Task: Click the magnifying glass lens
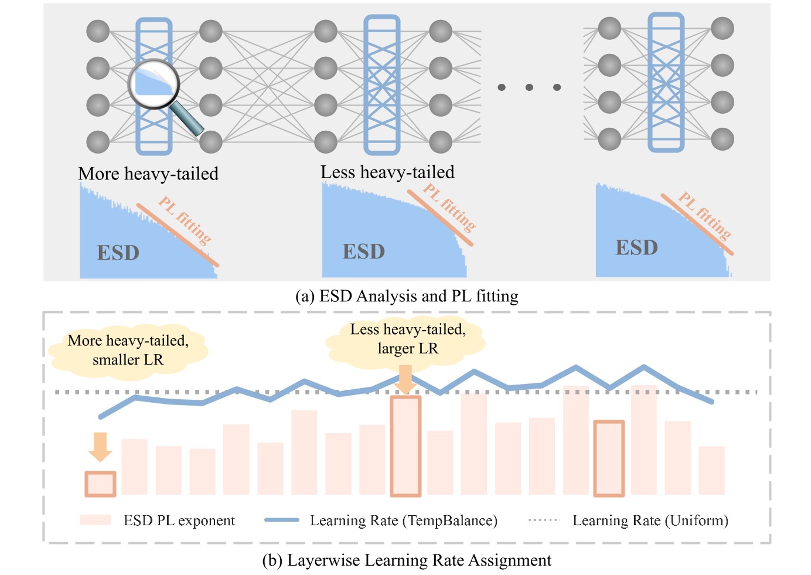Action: click(154, 83)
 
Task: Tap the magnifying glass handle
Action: click(188, 120)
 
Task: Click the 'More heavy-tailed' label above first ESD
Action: click(148, 173)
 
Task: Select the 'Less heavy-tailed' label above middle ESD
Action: click(387, 172)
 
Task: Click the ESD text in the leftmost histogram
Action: click(118, 253)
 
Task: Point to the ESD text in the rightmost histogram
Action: click(636, 247)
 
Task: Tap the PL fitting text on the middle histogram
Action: click(449, 207)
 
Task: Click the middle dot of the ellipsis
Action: click(529, 87)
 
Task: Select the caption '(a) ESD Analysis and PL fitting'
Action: click(407, 296)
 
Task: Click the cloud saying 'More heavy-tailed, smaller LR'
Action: click(128, 351)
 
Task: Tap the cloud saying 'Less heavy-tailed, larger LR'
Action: click(407, 339)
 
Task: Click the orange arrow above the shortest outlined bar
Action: click(100, 447)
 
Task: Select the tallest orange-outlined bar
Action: click(405, 446)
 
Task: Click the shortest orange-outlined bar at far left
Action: click(100, 484)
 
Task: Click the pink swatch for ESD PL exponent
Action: click(96, 520)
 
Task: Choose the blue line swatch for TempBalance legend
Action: click(282, 520)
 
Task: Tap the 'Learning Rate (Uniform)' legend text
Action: click(650, 520)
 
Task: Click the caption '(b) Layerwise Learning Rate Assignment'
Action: click(407, 560)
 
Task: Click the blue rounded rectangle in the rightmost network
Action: click(666, 82)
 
